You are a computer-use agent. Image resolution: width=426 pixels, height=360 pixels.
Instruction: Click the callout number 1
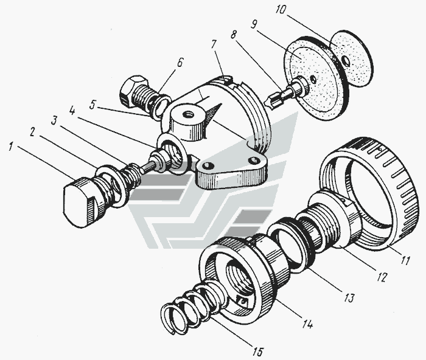(x=10, y=148)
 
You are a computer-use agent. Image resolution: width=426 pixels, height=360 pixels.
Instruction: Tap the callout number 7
(x=214, y=45)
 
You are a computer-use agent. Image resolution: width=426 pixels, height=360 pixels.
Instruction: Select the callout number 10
(x=281, y=10)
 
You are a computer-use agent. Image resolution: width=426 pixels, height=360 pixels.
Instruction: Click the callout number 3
(x=54, y=120)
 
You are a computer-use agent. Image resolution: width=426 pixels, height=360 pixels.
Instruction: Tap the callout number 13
(x=349, y=298)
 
